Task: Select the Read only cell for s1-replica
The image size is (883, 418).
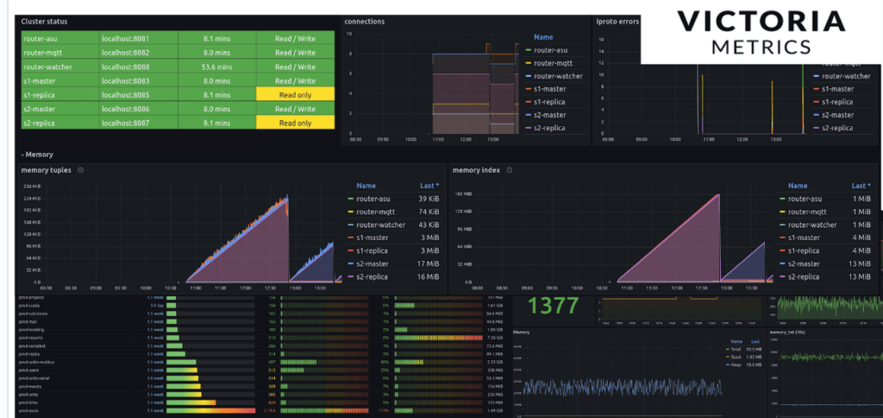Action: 294,94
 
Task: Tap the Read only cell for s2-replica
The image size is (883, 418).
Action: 294,123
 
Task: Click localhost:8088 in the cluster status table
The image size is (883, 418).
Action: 126,66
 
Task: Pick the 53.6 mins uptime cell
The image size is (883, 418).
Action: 216,66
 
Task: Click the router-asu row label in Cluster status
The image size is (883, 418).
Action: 41,38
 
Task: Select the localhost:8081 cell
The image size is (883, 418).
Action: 126,38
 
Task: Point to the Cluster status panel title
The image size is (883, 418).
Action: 45,21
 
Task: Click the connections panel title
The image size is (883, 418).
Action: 364,21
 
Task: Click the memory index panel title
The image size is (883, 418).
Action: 476,170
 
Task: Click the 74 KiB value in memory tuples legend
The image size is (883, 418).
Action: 425,212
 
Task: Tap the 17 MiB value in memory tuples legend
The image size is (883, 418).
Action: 425,263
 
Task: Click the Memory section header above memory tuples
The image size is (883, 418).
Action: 40,154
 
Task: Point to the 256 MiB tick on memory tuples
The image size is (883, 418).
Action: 31,187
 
